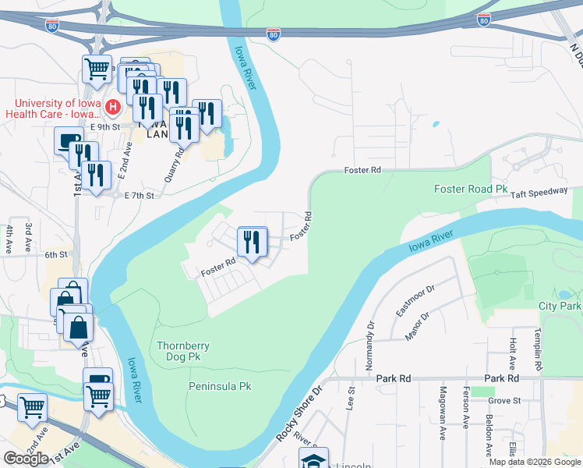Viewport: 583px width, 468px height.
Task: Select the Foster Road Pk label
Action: (x=470, y=190)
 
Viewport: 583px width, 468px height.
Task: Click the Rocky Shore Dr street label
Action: (x=299, y=413)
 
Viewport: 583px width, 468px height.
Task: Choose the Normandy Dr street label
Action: (x=370, y=346)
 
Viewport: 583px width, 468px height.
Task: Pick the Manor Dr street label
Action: (x=418, y=328)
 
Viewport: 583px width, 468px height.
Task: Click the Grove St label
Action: (x=504, y=401)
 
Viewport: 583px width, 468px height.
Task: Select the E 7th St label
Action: (x=140, y=196)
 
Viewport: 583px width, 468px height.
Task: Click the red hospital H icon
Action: (x=113, y=106)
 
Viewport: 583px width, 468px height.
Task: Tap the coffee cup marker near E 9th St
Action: (x=69, y=143)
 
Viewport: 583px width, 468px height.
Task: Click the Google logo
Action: (x=26, y=459)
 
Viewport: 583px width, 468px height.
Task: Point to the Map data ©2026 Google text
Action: (x=535, y=462)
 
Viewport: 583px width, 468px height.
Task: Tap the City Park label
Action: (x=560, y=306)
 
